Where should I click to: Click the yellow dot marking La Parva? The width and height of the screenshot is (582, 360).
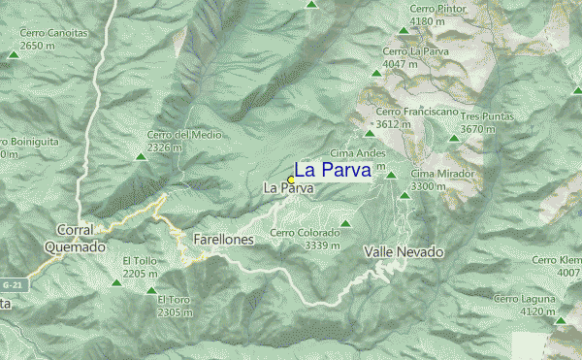pyautogui.click(x=291, y=180)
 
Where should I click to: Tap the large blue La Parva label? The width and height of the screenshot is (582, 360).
pyautogui.click(x=333, y=170)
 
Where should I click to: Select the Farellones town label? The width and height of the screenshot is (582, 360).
pyautogui.click(x=223, y=239)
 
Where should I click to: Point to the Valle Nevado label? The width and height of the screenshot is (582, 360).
pyautogui.click(x=404, y=251)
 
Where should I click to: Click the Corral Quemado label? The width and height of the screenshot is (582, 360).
pyautogui.click(x=74, y=239)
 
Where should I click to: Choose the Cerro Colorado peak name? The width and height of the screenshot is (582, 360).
pyautogui.click(x=305, y=233)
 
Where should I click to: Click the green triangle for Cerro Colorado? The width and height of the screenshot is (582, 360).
pyautogui.click(x=344, y=224)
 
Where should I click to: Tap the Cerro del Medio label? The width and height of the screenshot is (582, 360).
pyautogui.click(x=178, y=135)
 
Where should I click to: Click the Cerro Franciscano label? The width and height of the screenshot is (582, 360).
pyautogui.click(x=416, y=112)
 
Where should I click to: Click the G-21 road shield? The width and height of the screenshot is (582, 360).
pyautogui.click(x=13, y=285)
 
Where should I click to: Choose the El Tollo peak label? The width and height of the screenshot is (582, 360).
pyautogui.click(x=140, y=261)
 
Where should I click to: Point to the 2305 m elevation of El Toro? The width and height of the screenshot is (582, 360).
pyautogui.click(x=175, y=312)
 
